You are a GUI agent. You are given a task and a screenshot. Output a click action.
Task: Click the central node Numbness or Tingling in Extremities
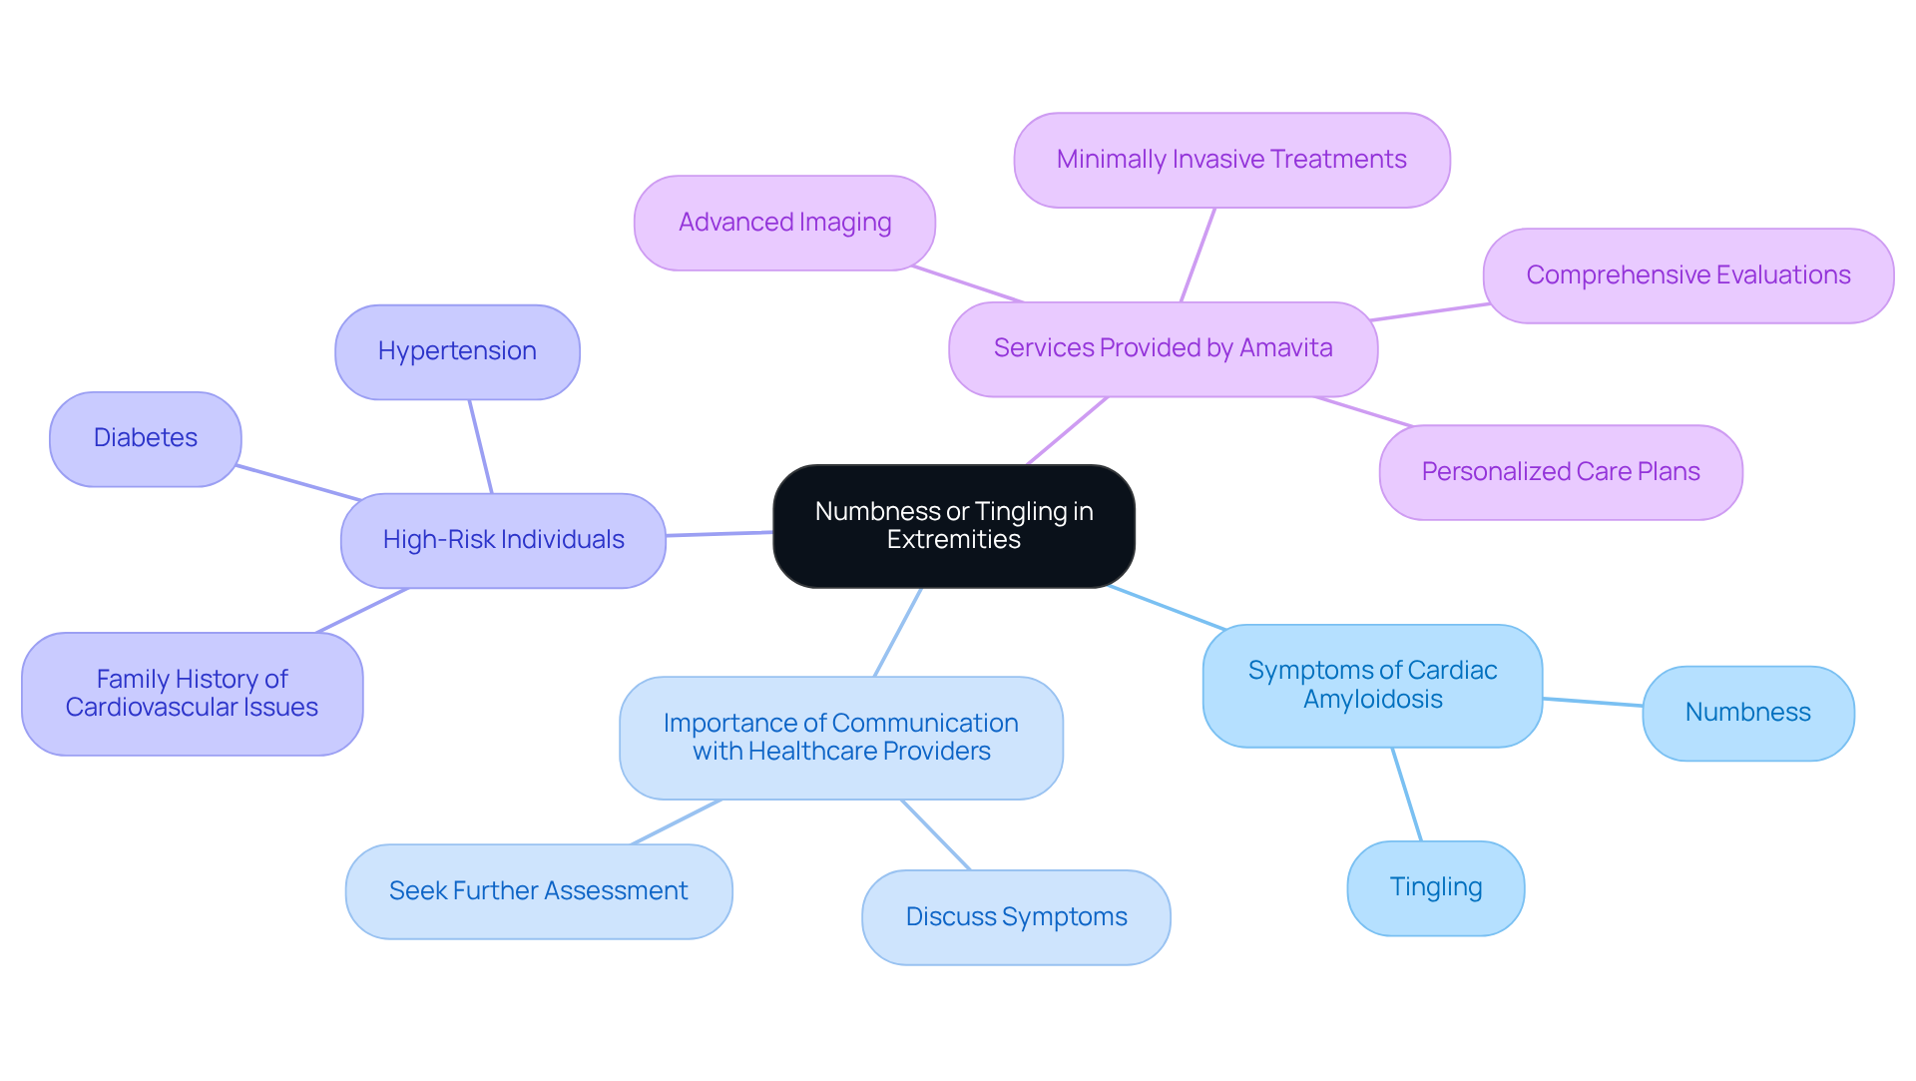click(x=953, y=526)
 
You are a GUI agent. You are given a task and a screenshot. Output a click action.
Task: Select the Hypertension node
click(x=457, y=351)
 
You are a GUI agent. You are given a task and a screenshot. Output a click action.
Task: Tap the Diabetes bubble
click(x=146, y=438)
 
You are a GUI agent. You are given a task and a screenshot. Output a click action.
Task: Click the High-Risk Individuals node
click(x=503, y=540)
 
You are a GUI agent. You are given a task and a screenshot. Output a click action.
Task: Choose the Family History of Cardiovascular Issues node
click(x=192, y=694)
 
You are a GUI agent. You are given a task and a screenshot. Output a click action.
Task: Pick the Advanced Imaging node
click(x=784, y=223)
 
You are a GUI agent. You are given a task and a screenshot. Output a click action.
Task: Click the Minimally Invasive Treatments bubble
click(x=1231, y=160)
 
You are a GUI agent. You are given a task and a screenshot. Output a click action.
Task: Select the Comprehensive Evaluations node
click(x=1687, y=275)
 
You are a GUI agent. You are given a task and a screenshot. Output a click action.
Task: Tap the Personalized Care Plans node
click(x=1560, y=472)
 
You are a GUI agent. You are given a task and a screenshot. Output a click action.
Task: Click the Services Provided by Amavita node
click(x=1163, y=348)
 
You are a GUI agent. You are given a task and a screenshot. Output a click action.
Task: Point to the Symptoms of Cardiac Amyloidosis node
click(x=1372, y=686)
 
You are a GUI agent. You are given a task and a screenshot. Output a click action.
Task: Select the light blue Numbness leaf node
click(x=1747, y=713)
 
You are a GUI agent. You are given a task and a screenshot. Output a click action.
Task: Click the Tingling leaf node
click(x=1435, y=887)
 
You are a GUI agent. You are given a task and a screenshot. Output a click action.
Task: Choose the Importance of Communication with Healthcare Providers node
click(x=840, y=738)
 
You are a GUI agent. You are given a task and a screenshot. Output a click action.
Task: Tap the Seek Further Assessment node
click(x=538, y=891)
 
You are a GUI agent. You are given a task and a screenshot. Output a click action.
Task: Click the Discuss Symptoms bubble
click(x=1016, y=917)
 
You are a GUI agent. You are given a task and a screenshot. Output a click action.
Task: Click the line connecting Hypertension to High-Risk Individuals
click(x=481, y=446)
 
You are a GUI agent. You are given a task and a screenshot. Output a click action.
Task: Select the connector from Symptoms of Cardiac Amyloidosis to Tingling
click(x=1407, y=795)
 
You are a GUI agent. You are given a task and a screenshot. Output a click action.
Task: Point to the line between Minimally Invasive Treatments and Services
click(x=1197, y=255)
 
